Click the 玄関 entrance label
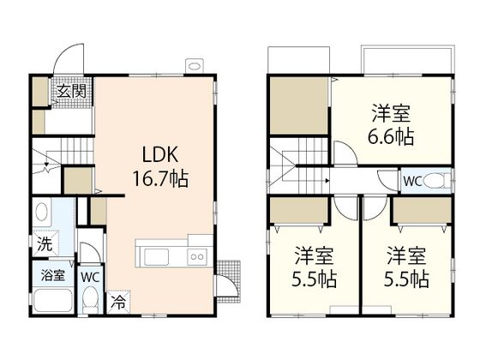(72, 91)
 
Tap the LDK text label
(160, 154)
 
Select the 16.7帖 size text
(160, 178)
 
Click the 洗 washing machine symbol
(45, 243)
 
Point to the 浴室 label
(53, 275)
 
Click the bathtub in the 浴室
(53, 300)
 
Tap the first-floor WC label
(90, 277)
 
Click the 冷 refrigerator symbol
(118, 302)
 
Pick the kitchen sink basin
(156, 257)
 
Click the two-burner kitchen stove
(197, 257)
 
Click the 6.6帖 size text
(391, 137)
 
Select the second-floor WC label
(412, 181)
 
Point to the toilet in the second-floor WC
(437, 181)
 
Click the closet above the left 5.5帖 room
(299, 210)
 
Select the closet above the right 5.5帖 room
(422, 210)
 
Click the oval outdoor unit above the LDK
(194, 66)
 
